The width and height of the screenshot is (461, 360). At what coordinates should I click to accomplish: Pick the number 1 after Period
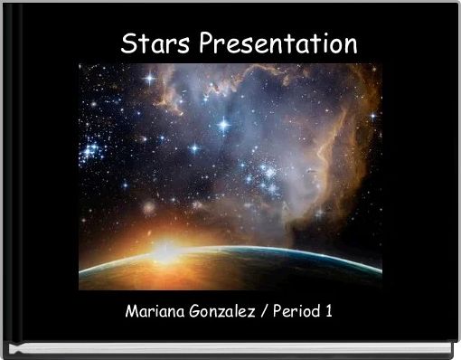(x=328, y=312)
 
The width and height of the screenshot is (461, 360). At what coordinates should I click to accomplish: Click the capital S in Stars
(x=129, y=43)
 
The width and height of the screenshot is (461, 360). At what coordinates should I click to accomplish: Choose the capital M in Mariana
(x=130, y=312)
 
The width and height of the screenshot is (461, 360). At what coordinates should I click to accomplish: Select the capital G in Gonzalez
(x=194, y=312)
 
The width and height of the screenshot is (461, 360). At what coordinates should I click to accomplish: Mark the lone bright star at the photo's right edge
(x=372, y=116)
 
